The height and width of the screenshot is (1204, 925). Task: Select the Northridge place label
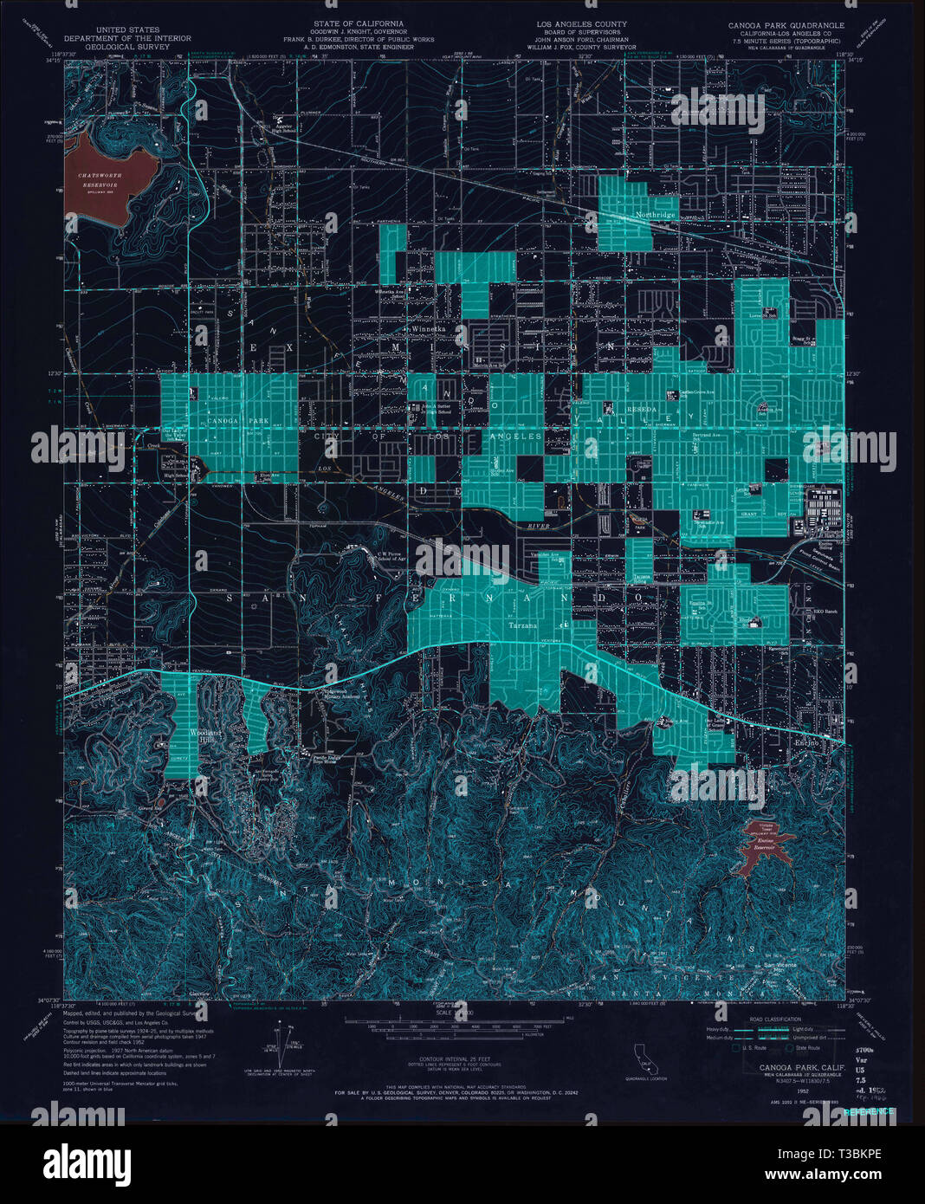(655, 214)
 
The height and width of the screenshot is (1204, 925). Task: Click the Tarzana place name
(522, 625)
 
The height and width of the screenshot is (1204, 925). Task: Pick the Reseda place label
(642, 408)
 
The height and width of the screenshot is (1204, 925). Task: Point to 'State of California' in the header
(359, 24)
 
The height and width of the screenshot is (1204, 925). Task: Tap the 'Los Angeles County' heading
(581, 24)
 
